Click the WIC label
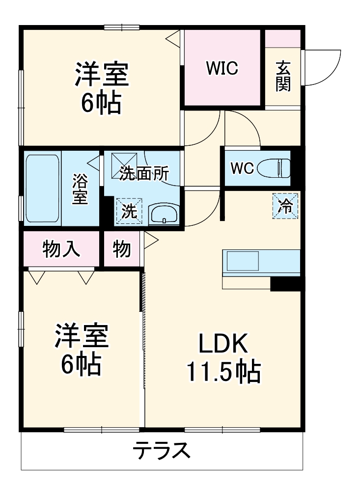pyautogui.click(x=222, y=69)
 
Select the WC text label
pyautogui.click(x=242, y=168)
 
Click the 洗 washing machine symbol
pyautogui.click(x=129, y=211)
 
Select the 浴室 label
pyautogui.click(x=81, y=189)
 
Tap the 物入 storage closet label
pyautogui.click(x=61, y=250)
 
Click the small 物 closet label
pyautogui.click(x=122, y=249)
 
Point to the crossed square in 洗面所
pyautogui.click(x=119, y=161)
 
